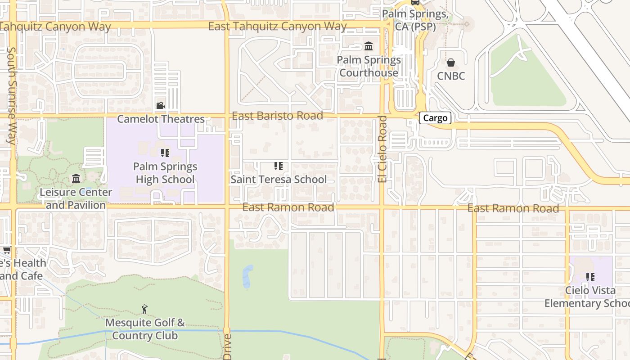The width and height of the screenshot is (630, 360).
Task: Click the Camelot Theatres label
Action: pyautogui.click(x=161, y=119)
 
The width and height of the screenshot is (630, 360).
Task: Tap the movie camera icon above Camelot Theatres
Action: pyautogui.click(x=160, y=106)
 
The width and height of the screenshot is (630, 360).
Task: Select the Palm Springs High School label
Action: pyautogui.click(x=165, y=173)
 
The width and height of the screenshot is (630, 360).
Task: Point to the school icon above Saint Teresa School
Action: pyautogui.click(x=279, y=166)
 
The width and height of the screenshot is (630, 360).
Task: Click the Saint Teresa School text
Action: pyautogui.click(x=279, y=180)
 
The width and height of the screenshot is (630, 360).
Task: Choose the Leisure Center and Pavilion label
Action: pyautogui.click(x=76, y=198)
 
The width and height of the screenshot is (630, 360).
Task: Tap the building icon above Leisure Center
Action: pyautogui.click(x=76, y=179)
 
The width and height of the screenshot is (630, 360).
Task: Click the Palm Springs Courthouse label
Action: pyautogui.click(x=369, y=66)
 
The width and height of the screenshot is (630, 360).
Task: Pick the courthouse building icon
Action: pyautogui.click(x=369, y=46)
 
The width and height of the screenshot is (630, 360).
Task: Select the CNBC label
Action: pyautogui.click(x=451, y=76)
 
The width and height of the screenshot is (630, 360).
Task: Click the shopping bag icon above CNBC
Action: pyautogui.click(x=451, y=63)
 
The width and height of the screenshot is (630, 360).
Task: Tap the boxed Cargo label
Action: pyautogui.click(x=435, y=118)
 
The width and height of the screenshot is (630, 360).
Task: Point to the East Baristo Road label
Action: pyautogui.click(x=277, y=116)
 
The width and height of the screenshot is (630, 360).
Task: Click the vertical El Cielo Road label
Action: pyautogui.click(x=382, y=149)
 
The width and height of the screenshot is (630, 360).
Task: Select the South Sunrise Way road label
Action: pyautogui.click(x=11, y=95)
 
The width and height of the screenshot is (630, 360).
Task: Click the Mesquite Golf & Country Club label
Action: pyautogui.click(x=145, y=329)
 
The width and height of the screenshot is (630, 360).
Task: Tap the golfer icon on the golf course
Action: pyautogui.click(x=144, y=309)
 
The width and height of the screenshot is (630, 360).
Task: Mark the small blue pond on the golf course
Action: pyautogui.click(x=247, y=277)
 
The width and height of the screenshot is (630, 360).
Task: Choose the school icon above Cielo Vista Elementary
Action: pyautogui.click(x=590, y=277)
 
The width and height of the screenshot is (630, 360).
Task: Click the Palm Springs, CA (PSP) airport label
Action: pyautogui.click(x=415, y=20)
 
